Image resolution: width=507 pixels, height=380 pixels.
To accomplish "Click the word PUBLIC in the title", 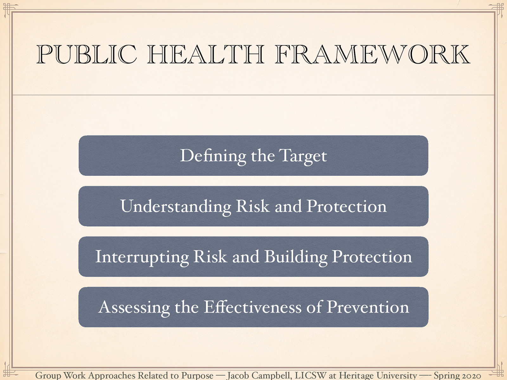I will [x=86, y=54].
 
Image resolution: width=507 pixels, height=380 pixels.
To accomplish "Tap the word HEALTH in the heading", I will [x=205, y=54].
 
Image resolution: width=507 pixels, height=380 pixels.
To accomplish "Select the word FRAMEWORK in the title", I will [x=373, y=54].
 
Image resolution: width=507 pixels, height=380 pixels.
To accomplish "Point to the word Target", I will [x=303, y=156].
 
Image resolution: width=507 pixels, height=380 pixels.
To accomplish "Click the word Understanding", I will [x=176, y=206].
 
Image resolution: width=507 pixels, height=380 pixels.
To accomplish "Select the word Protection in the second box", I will [x=347, y=206].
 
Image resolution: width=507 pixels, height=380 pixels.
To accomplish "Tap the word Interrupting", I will [x=142, y=257].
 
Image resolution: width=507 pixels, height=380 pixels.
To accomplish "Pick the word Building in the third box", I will [x=296, y=257].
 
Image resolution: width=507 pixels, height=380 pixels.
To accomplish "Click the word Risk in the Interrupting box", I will [x=210, y=257].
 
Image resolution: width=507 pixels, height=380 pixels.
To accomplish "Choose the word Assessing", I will [x=134, y=307].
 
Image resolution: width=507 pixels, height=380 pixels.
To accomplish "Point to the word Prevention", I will [x=368, y=307].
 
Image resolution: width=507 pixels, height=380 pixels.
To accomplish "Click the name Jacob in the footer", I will [x=238, y=376].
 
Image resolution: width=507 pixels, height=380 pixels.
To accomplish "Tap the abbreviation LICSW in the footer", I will [x=310, y=376].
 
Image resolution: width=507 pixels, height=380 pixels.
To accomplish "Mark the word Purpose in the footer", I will [x=197, y=376].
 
